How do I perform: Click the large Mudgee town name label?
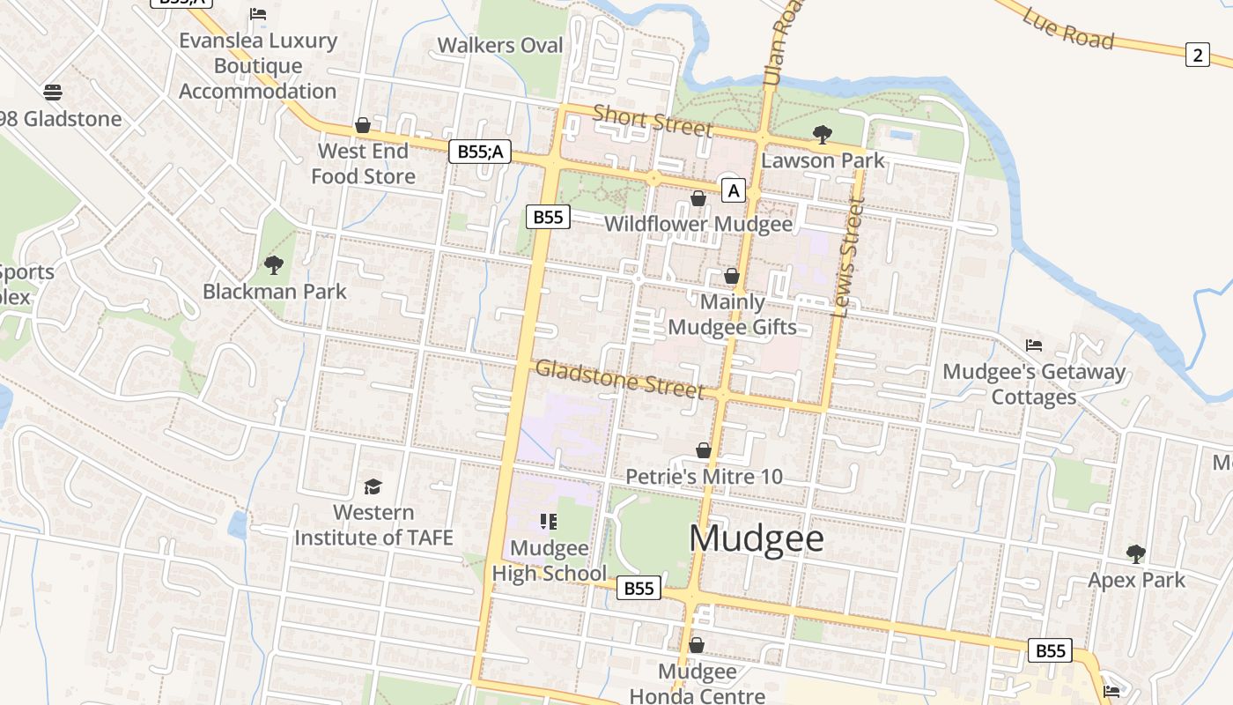(x=757, y=538)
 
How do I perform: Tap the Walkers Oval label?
(x=499, y=45)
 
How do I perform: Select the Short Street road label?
(x=652, y=121)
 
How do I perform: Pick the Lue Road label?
(x=1068, y=28)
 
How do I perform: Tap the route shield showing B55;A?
(x=480, y=152)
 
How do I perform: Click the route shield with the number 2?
(x=1197, y=55)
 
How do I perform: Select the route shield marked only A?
(x=733, y=189)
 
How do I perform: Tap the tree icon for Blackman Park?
(x=274, y=264)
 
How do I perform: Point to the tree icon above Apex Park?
(x=1136, y=553)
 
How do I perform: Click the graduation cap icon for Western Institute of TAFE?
(x=373, y=486)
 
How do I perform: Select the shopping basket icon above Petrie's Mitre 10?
(x=703, y=450)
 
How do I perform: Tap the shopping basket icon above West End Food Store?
(x=362, y=125)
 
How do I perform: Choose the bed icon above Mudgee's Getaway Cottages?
(x=1034, y=345)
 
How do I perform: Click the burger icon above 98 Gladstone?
(x=52, y=92)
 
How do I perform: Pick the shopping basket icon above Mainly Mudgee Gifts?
(x=731, y=276)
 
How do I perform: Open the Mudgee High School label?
(x=549, y=560)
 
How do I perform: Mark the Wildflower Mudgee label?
(x=698, y=224)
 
